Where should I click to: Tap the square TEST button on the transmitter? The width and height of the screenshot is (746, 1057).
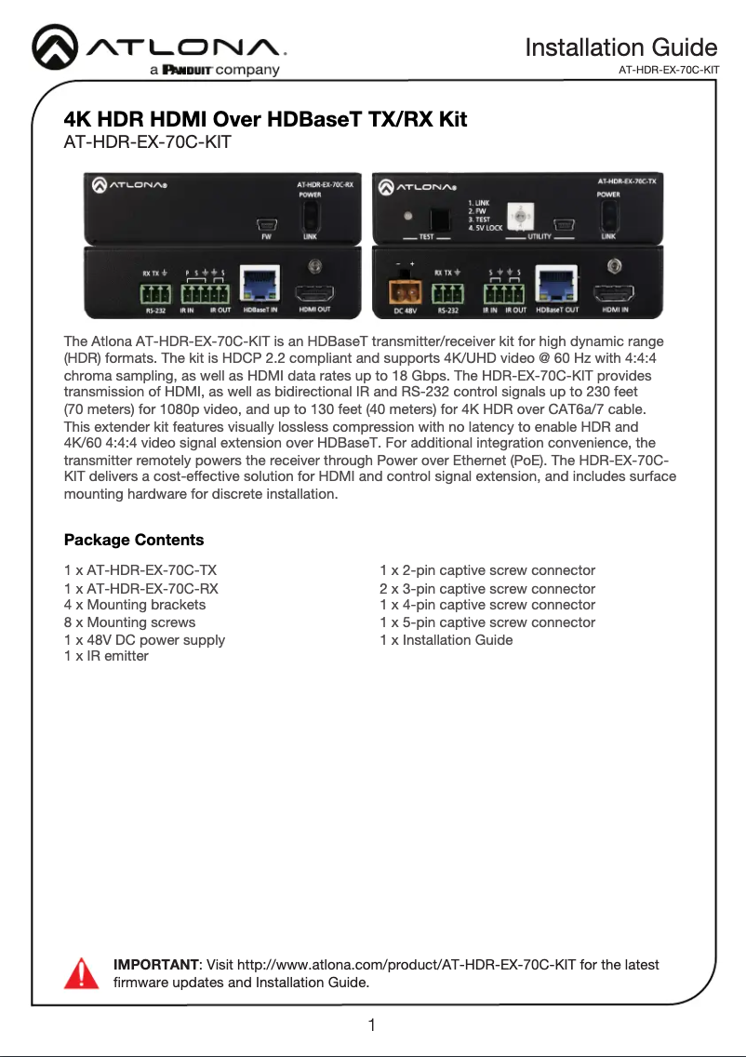[x=432, y=220]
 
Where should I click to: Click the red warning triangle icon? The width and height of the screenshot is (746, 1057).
[x=81, y=972]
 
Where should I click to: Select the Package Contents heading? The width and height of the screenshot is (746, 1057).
[x=134, y=540]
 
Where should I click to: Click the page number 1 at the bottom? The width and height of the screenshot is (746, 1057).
[x=372, y=1025]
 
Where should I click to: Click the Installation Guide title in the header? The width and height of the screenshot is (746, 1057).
[x=620, y=47]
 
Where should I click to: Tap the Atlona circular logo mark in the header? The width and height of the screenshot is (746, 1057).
[x=59, y=47]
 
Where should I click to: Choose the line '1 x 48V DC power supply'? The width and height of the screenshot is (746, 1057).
[x=144, y=640]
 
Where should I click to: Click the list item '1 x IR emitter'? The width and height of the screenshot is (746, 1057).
[x=106, y=656]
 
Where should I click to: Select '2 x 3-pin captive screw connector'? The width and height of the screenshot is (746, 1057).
[x=487, y=589]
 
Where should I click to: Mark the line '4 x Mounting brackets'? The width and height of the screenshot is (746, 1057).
[x=135, y=605]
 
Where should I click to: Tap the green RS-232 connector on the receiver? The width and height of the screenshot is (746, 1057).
[x=149, y=294]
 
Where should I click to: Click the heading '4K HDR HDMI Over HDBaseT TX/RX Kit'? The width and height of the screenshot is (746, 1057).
[x=265, y=120]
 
